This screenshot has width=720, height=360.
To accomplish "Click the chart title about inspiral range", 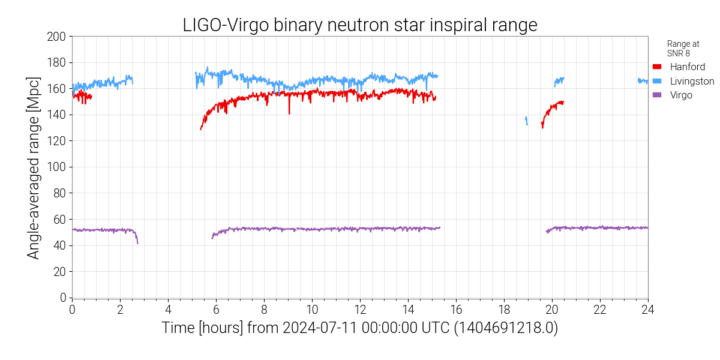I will [359, 25].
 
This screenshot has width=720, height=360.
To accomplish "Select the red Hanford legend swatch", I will [656, 67].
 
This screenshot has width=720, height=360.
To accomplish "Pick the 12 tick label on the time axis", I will [360, 310].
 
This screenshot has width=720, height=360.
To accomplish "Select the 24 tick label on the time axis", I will [647, 310].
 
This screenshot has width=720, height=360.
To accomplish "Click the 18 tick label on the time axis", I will [504, 310].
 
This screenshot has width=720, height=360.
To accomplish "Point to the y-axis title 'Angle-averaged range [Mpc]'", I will [34, 167].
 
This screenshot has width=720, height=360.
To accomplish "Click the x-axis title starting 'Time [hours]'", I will [359, 329].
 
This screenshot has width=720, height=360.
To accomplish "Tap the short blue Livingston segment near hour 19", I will [526, 121].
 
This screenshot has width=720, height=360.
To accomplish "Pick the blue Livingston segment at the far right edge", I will [642, 81].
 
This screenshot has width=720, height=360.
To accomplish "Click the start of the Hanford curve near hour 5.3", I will [201, 128].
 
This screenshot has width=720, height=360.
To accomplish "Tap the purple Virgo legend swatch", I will [656, 95].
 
